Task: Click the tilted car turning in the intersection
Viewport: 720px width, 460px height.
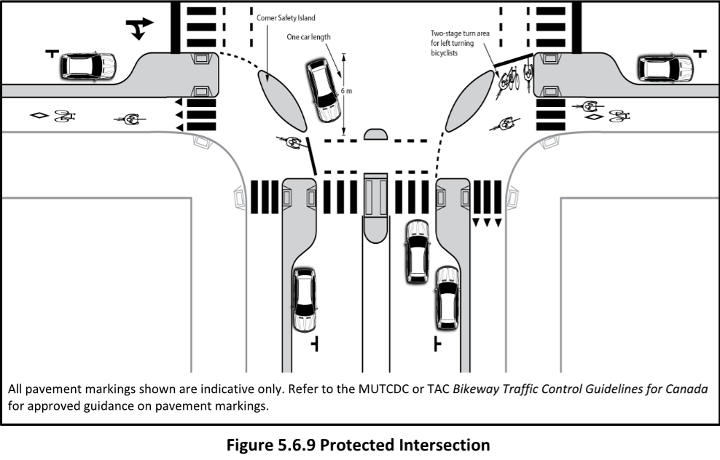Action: click(x=322, y=90)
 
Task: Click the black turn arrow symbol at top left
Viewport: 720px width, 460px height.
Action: click(x=139, y=28)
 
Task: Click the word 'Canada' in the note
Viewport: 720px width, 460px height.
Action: click(x=683, y=389)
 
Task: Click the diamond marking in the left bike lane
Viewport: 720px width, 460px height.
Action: click(x=39, y=115)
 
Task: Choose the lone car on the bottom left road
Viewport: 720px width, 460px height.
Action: click(x=304, y=299)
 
